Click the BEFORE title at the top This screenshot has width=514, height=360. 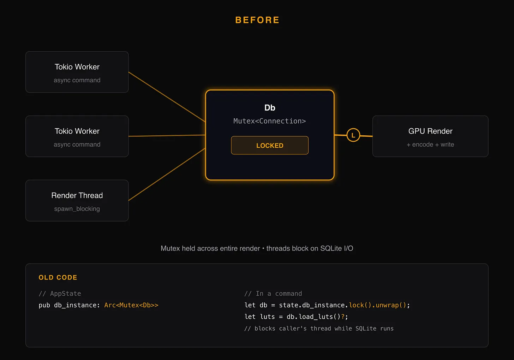click(x=257, y=20)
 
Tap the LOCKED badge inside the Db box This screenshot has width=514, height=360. click(x=270, y=145)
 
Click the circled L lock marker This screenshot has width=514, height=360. click(x=353, y=135)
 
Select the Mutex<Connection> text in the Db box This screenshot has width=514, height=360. click(x=270, y=121)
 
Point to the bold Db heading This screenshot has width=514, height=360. click(x=270, y=108)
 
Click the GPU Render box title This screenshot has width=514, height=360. click(x=430, y=131)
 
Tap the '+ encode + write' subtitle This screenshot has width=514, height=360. click(x=430, y=144)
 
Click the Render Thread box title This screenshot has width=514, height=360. click(x=77, y=195)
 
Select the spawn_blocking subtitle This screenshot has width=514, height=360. click(x=77, y=209)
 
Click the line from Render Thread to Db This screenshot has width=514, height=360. click(x=167, y=175)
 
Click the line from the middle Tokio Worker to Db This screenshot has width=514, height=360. click(x=167, y=136)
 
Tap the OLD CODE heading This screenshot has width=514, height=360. click(x=58, y=277)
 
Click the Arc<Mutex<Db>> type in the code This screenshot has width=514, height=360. click(x=131, y=305)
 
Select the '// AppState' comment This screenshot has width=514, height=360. click(x=60, y=294)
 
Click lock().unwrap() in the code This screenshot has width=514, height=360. click(x=377, y=305)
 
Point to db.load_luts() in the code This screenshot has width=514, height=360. click(x=313, y=317)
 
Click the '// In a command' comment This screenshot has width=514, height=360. click(x=273, y=294)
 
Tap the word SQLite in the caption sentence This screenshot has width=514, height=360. click(x=331, y=248)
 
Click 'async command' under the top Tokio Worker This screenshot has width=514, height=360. click(x=77, y=80)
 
